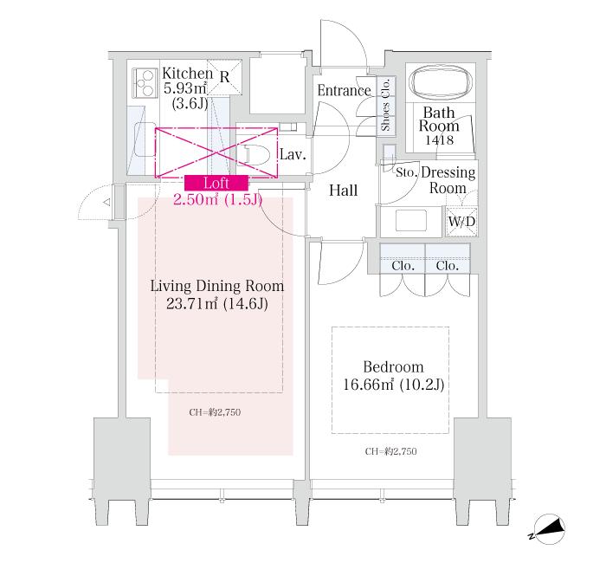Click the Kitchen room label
click(x=188, y=74)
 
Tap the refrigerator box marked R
click(x=224, y=77)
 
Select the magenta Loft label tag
click(x=216, y=182)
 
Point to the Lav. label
click(x=292, y=156)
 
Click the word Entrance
click(x=344, y=90)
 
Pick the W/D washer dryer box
click(x=459, y=222)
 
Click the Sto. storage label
click(x=407, y=171)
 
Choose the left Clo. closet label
click(x=403, y=266)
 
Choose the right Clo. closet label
click(x=448, y=266)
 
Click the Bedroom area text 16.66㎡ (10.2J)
click(x=393, y=385)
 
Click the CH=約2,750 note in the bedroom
click(x=390, y=451)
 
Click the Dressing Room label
click(x=448, y=179)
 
